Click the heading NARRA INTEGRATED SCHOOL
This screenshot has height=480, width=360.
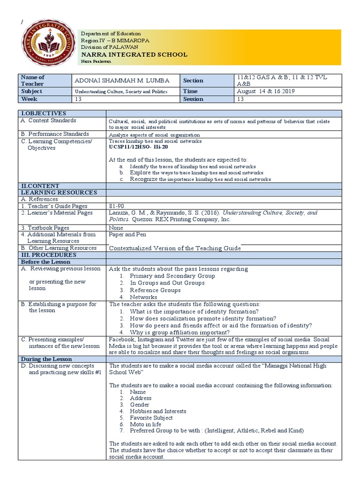(x=134, y=54)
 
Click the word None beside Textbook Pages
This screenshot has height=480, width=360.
(x=116, y=228)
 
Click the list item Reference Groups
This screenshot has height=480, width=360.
(x=155, y=290)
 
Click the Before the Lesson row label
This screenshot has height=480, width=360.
(x=45, y=262)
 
